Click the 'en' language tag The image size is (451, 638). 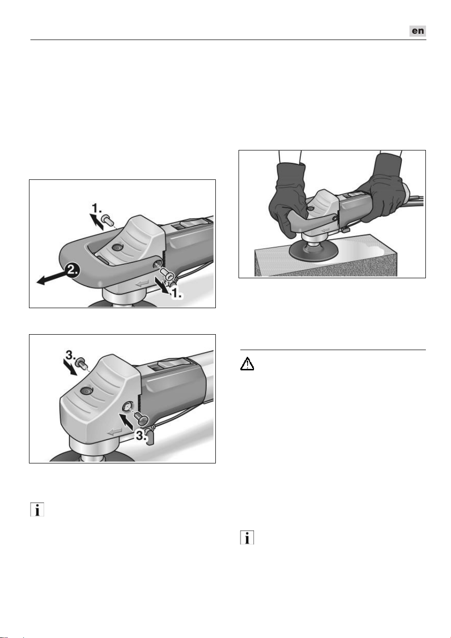coord(417,31)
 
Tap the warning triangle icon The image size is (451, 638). coord(247,364)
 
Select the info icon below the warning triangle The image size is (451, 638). coord(247,538)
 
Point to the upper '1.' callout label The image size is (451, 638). coord(97,208)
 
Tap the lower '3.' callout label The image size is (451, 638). coord(141,435)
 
